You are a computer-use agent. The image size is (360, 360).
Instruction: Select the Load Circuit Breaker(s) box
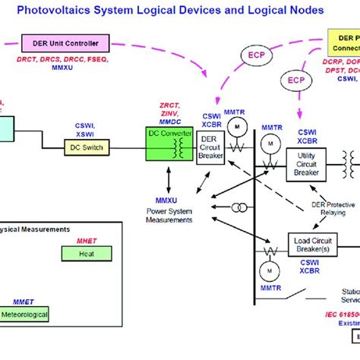(x=311, y=245)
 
